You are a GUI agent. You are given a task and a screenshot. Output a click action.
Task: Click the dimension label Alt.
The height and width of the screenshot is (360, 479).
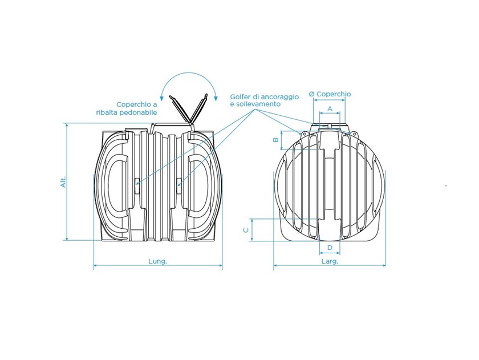pyautogui.click(x=63, y=182)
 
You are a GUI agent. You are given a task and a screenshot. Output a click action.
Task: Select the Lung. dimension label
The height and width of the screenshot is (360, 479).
pyautogui.click(x=157, y=262)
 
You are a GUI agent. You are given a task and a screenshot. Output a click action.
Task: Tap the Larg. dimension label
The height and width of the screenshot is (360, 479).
pyautogui.click(x=330, y=262)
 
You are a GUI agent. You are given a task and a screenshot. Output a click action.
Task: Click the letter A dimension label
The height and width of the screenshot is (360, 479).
pyautogui.click(x=330, y=108)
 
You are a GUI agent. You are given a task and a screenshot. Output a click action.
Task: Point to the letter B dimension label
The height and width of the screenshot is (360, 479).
pyautogui.click(x=275, y=140)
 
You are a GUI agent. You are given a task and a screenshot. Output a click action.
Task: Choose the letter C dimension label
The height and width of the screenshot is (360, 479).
pyautogui.click(x=246, y=230)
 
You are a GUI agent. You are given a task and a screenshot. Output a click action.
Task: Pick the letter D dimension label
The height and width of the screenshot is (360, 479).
pyautogui.click(x=330, y=248)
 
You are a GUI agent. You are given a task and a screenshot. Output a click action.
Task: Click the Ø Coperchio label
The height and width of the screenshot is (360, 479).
pyautogui.click(x=330, y=94)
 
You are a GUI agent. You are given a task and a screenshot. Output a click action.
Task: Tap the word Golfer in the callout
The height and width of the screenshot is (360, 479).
pyautogui.click(x=241, y=97)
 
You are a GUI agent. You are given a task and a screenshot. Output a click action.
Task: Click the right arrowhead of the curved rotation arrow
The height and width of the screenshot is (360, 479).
pyautogui.click(x=216, y=98)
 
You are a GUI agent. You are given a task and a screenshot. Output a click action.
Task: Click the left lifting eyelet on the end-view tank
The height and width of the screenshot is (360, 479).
pyautogui.click(x=305, y=134)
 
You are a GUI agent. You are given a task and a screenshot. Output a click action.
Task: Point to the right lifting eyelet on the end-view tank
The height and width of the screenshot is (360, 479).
pyautogui.click(x=354, y=134)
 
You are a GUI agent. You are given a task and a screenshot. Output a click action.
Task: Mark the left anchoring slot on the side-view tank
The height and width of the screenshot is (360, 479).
pyautogui.click(x=136, y=185)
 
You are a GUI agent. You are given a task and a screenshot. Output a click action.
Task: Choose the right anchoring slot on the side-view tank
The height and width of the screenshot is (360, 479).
pyautogui.click(x=178, y=185)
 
